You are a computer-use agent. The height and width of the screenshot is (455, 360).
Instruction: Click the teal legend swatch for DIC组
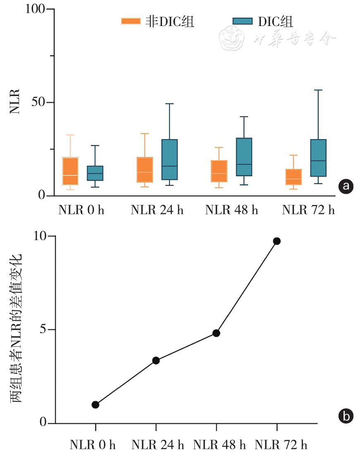pos(243,21)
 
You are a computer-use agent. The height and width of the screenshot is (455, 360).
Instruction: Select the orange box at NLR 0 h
pos(71,171)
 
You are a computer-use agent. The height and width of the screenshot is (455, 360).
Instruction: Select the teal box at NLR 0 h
pos(95,173)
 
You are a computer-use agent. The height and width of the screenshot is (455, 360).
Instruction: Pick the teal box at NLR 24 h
pos(169,160)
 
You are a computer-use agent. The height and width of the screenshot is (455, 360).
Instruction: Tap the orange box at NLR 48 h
pos(219,171)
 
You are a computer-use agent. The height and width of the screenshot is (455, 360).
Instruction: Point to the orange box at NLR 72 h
pos(293,177)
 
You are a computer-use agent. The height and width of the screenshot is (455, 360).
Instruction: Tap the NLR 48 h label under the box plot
pos(231,210)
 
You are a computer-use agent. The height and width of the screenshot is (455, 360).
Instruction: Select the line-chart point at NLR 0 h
pos(95,405)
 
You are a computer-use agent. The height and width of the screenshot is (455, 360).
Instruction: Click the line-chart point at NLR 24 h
pos(156,360)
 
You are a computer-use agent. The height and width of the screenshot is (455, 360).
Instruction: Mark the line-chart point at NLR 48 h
pos(216,333)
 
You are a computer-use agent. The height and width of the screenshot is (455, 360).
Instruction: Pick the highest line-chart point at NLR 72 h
pos(277,241)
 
